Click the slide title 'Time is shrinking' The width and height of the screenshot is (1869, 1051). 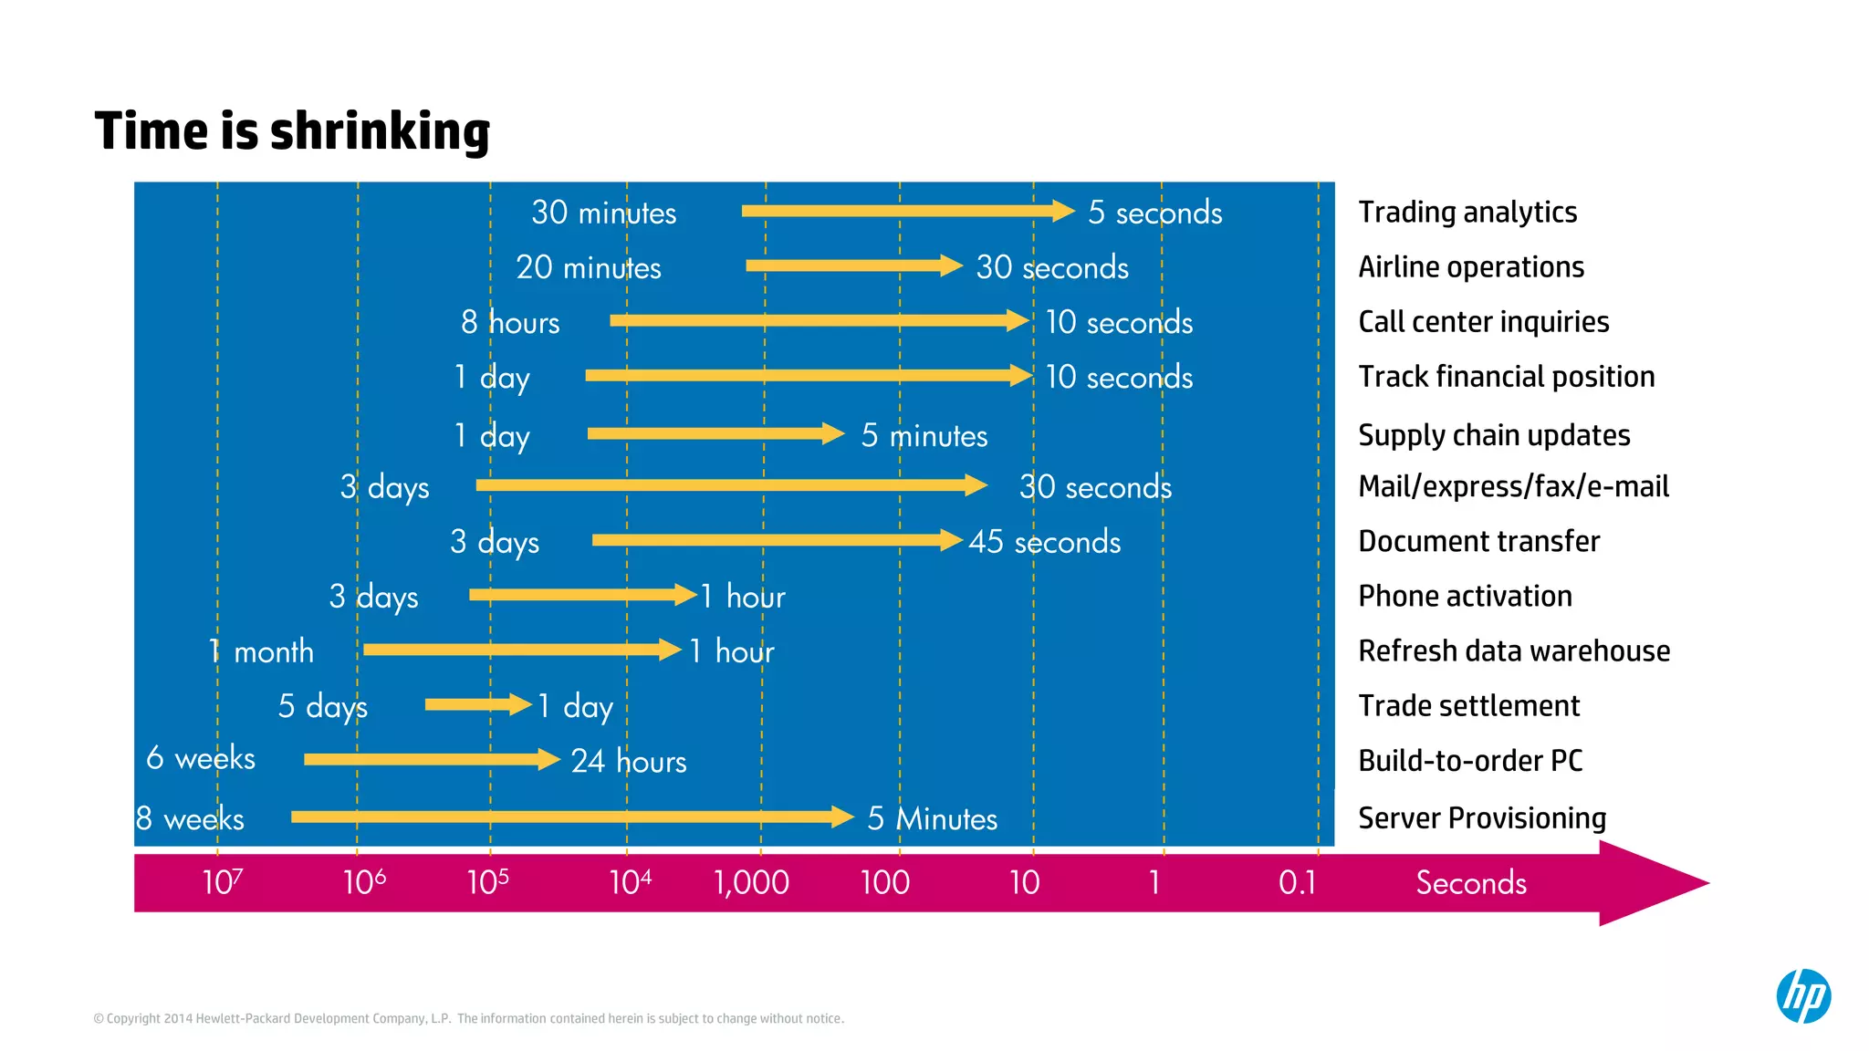(292, 130)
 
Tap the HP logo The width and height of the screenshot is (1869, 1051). (1803, 995)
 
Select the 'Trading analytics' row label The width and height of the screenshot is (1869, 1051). (1467, 212)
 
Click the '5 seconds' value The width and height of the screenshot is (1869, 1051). (1154, 213)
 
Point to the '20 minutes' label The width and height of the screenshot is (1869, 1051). (589, 267)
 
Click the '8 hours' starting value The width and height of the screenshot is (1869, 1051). (510, 322)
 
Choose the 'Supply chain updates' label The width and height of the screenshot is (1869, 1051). (1494, 435)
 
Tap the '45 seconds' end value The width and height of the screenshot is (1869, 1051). (1044, 542)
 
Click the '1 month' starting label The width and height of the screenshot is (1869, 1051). (261, 651)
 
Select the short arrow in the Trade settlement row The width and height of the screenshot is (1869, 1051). (477, 704)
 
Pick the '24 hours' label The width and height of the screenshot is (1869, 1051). (629, 761)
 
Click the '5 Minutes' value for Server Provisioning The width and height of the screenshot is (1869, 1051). (932, 818)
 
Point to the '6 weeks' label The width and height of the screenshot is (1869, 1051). (201, 758)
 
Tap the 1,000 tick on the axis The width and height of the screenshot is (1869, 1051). (751, 882)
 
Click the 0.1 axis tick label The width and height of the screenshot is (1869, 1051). (1297, 882)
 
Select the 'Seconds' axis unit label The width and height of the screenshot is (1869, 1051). (1470, 882)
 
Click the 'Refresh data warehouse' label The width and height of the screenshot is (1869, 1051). (1514, 650)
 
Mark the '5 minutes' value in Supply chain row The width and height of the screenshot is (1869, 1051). (924, 436)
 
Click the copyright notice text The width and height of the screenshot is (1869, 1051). (468, 1018)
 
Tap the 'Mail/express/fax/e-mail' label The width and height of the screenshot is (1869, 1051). (1513, 486)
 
